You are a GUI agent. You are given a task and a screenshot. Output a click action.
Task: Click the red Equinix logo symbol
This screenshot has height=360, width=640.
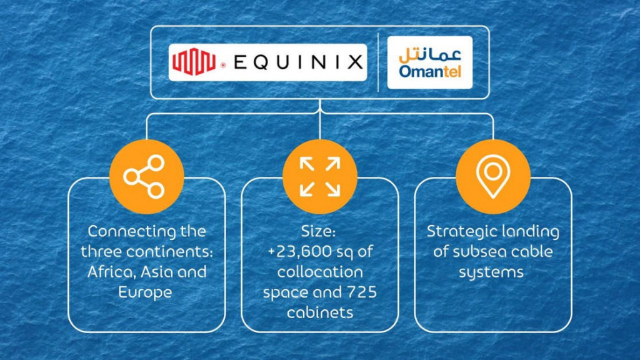click(194, 62)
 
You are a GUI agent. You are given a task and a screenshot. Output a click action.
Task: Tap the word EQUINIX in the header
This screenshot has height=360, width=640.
click(298, 62)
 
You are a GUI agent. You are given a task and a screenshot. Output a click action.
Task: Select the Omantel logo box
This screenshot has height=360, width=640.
click(430, 62)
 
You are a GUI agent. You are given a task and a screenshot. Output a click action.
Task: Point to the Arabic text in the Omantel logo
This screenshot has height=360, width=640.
click(430, 54)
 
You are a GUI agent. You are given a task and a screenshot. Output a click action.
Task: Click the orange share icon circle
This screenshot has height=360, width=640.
click(146, 176)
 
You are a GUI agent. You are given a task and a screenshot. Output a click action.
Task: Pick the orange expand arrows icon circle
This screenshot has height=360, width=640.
click(320, 176)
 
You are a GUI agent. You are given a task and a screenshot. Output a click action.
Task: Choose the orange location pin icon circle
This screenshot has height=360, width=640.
click(493, 176)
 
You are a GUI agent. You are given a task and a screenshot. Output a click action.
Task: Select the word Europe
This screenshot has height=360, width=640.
click(145, 292)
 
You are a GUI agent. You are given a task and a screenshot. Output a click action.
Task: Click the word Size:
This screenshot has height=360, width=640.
click(318, 231)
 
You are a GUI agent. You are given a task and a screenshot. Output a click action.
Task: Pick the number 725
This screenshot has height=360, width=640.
click(362, 292)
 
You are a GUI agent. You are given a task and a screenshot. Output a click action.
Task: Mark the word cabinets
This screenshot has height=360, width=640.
click(320, 312)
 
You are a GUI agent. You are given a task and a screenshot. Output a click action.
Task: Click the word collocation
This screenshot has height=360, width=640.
click(320, 272)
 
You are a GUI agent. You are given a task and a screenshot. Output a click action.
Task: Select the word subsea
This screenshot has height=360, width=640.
click(472, 252)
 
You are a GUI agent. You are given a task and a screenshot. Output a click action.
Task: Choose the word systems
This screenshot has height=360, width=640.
click(491, 272)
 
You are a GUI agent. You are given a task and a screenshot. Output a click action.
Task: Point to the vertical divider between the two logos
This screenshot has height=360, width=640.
click(378, 62)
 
